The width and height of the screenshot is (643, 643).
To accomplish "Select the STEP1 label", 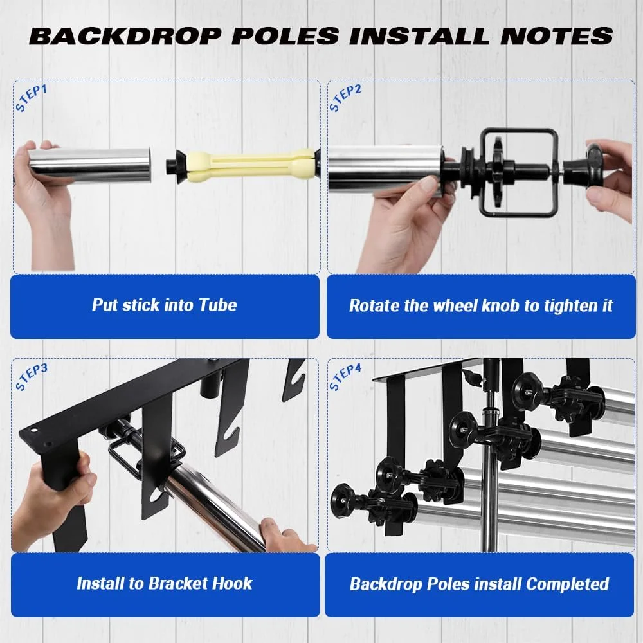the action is pos(31,98).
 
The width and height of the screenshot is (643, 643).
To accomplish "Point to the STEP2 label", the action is pos(345,98).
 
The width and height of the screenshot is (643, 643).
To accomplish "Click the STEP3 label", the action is pos(31,377).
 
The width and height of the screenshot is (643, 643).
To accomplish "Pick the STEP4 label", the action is pos(345,377).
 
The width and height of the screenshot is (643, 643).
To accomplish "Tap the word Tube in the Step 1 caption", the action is pos(218,305).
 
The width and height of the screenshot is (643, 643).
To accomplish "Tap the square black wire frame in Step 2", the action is pos(519,172).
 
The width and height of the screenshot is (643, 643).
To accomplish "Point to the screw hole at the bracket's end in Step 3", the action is pos(33,431).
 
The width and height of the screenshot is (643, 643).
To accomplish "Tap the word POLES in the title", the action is pos(285,35).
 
